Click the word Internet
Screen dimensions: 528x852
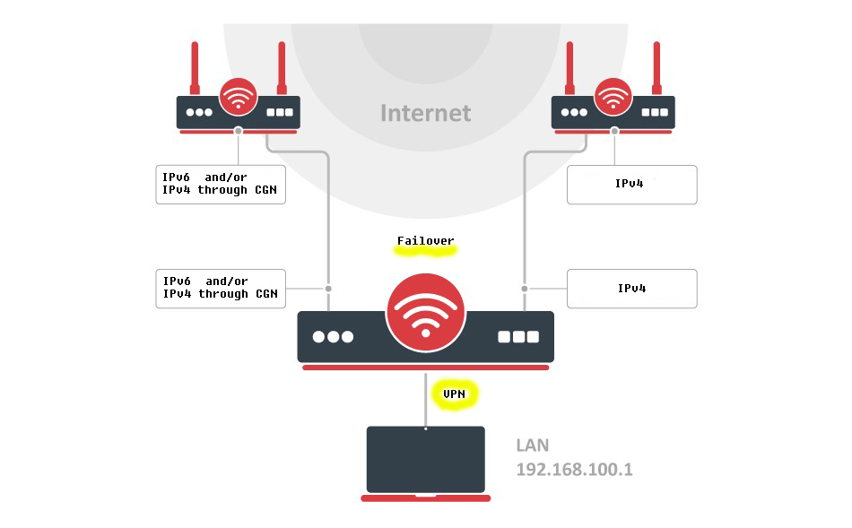tap(425, 113)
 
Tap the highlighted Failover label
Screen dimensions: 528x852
tap(426, 242)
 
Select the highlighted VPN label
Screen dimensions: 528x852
tap(455, 394)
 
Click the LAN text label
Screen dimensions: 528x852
tap(533, 446)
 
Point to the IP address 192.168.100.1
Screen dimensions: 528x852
tap(574, 469)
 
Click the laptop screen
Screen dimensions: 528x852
tap(425, 458)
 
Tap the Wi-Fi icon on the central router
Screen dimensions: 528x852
tap(425, 316)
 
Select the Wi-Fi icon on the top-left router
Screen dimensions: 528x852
tap(238, 98)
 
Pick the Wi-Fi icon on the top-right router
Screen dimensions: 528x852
tap(613, 98)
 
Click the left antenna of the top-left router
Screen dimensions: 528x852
tap(193, 67)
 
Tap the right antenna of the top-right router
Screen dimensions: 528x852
tap(657, 67)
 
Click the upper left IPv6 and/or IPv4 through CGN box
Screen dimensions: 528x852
tap(221, 184)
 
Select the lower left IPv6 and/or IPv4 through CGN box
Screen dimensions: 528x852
tap(221, 288)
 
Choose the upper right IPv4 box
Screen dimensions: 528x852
tap(631, 184)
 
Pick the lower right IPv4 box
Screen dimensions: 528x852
tap(631, 289)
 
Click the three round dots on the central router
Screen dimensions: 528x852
tap(333, 337)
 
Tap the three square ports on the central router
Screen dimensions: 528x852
tap(518, 337)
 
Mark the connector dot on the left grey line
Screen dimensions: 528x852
tap(328, 289)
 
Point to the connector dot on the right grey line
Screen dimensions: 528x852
tap(524, 289)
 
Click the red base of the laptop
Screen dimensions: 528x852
tap(425, 498)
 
